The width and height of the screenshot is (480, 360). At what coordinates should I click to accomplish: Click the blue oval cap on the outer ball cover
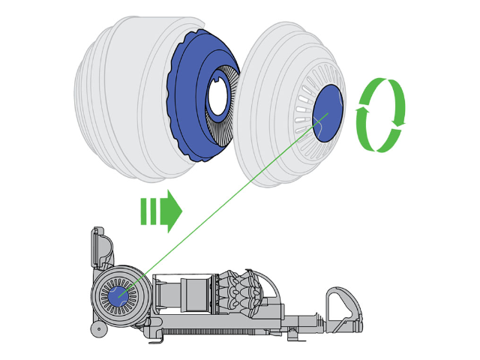tap(328, 112)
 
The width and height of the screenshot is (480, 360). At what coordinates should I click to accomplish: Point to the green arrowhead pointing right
tap(173, 211)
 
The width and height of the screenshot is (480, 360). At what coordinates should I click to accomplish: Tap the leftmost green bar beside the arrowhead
tap(143, 211)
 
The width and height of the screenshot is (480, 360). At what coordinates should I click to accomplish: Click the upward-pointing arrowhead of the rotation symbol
tap(362, 112)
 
